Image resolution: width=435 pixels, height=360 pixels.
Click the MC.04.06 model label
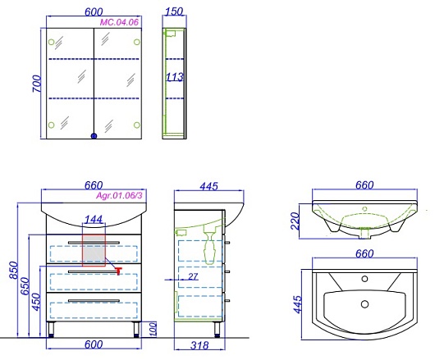pos(119,22)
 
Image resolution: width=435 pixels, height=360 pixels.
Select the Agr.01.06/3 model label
pos(119,196)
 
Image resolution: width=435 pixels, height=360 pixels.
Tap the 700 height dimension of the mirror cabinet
pos(37,84)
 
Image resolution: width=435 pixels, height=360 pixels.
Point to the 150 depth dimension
pos(174,11)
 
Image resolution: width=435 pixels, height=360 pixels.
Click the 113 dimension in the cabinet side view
pos(175,77)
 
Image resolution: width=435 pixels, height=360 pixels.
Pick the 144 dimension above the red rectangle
pos(94,220)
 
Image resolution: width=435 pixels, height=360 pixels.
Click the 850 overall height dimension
pos(14,271)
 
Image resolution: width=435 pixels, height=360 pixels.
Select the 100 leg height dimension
pos(153,329)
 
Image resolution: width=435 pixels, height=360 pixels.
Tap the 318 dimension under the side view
pos(199,345)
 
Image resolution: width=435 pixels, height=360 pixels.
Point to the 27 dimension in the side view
pos(193,276)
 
